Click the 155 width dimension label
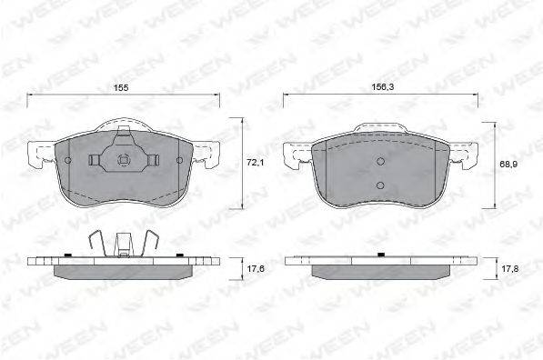[121, 88]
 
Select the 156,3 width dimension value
[383, 87]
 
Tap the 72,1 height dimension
[256, 162]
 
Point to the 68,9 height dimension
[508, 165]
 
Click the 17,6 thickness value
[256, 268]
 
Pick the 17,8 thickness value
[509, 268]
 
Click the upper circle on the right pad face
[380, 161]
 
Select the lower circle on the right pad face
[380, 185]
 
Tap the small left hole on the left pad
[68, 160]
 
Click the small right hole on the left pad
[179, 160]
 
